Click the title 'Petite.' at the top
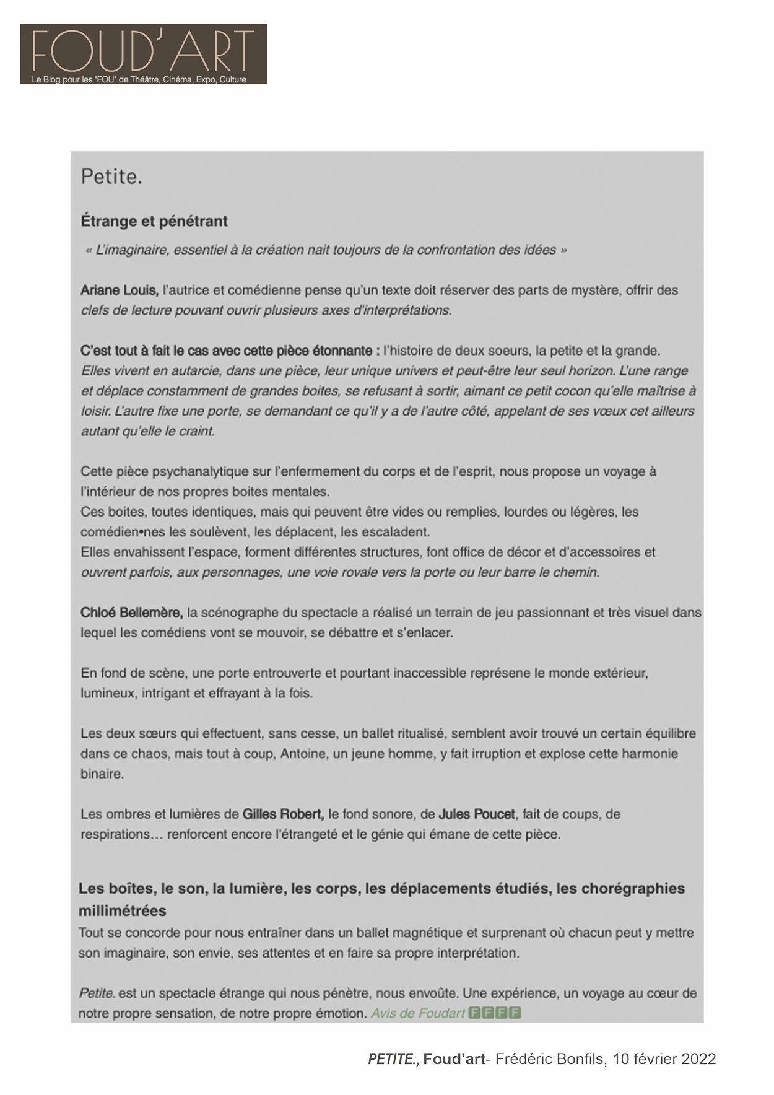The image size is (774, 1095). (111, 177)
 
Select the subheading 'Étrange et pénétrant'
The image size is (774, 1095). (154, 221)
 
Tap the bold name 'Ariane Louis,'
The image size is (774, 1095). (120, 290)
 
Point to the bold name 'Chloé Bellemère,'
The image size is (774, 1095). (131, 613)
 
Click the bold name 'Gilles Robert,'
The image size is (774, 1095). (283, 814)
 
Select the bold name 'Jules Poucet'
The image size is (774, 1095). (476, 814)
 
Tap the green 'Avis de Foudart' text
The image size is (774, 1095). (417, 1013)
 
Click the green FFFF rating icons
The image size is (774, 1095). (495, 1013)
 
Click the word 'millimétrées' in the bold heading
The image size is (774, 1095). (123, 910)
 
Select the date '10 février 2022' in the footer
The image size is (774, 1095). (664, 1059)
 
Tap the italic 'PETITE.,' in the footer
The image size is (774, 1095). (394, 1059)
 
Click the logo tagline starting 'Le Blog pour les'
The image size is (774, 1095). (139, 79)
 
